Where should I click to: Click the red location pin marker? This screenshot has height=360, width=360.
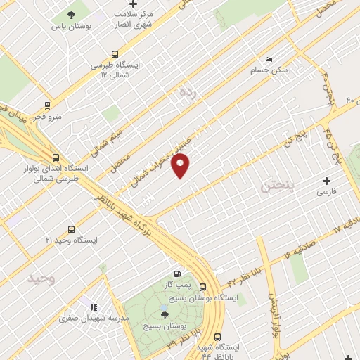click(181, 166)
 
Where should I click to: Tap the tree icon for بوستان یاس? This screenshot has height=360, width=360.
click(72, 15)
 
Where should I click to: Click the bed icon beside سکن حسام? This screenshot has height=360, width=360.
click(268, 59)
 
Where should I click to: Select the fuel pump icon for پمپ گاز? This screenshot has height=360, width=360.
click(177, 273)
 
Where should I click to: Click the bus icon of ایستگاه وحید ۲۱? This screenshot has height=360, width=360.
click(71, 229)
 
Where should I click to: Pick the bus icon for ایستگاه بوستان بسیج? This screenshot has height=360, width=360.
click(202, 287)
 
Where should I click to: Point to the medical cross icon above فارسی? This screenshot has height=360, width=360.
click(326, 181)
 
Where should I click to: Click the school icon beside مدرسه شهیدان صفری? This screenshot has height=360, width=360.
click(93, 307)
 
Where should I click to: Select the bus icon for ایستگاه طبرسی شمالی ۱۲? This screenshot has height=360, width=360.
click(115, 53)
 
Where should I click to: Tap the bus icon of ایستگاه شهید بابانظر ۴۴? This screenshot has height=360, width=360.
click(218, 337)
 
